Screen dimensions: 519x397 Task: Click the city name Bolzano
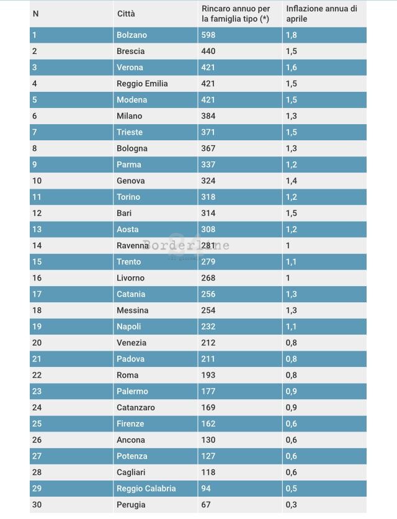point(132,35)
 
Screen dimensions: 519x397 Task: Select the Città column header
point(125,14)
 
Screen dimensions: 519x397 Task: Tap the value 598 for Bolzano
point(208,35)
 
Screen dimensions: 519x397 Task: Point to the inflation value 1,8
point(291,35)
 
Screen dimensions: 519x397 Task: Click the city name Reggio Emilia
point(142,84)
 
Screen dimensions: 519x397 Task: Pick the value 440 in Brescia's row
point(208,52)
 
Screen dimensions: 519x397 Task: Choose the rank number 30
point(37,505)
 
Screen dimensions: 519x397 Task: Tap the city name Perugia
point(131,505)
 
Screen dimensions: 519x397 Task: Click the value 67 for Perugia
point(206,505)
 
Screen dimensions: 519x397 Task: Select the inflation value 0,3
point(291,505)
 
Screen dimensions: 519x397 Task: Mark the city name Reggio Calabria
point(146,489)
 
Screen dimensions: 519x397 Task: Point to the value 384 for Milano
point(208,116)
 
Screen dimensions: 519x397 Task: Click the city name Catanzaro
point(136,408)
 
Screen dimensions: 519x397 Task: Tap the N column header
point(35,14)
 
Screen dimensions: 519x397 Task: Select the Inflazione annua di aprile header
point(321,14)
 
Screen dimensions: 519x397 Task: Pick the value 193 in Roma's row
point(208,376)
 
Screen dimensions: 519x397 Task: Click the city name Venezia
point(132,343)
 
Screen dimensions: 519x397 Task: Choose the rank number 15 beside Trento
point(37,262)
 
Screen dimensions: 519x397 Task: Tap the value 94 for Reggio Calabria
point(206,489)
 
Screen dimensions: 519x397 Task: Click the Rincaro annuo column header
point(236,14)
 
